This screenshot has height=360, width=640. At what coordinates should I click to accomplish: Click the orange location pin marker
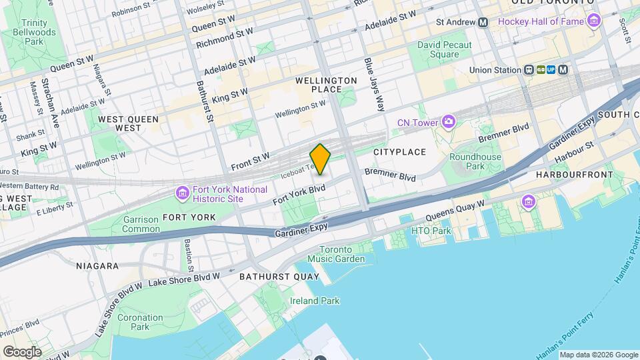[x=320, y=159]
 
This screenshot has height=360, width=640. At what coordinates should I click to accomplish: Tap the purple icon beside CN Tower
[x=448, y=122]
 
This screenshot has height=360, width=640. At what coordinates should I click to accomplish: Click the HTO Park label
[x=431, y=231]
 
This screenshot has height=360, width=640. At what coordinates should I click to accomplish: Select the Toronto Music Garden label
[x=341, y=254]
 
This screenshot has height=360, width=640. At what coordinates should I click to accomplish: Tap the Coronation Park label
[x=140, y=322]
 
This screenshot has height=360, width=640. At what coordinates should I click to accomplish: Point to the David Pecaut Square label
[x=444, y=49]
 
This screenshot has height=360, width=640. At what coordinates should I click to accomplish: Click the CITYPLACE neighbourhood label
[x=399, y=152]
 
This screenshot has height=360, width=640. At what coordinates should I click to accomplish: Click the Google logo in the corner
[x=22, y=351]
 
